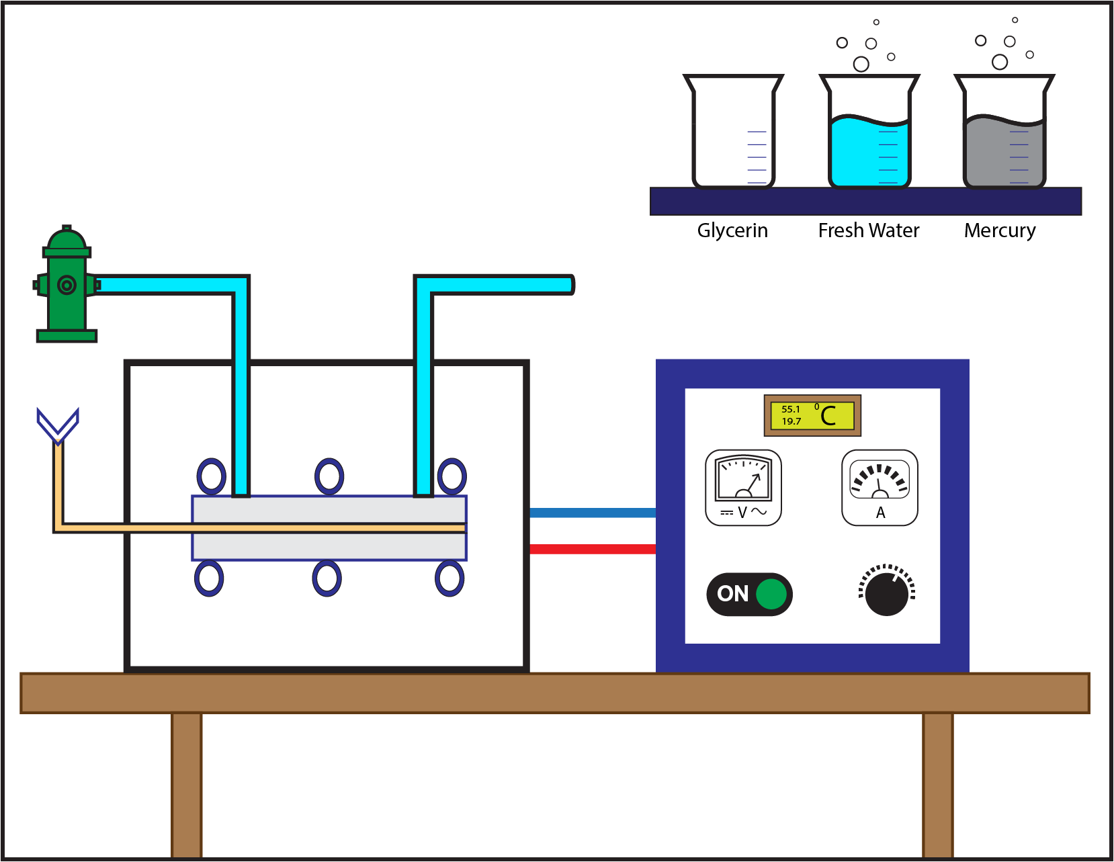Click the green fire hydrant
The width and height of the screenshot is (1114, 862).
[66, 286]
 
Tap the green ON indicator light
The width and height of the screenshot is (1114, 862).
[771, 594]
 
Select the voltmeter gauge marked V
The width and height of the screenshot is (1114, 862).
[743, 487]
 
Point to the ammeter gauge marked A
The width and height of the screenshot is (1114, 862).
[880, 487]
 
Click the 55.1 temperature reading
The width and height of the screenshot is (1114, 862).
[791, 409]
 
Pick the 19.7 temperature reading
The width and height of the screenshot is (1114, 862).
[791, 421]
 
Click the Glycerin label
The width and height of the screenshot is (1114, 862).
[732, 230]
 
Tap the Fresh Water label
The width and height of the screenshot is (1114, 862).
[869, 230]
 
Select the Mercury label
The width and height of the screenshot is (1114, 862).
[1000, 230]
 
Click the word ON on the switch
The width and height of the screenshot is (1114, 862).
[732, 594]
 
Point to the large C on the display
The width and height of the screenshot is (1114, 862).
[828, 416]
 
